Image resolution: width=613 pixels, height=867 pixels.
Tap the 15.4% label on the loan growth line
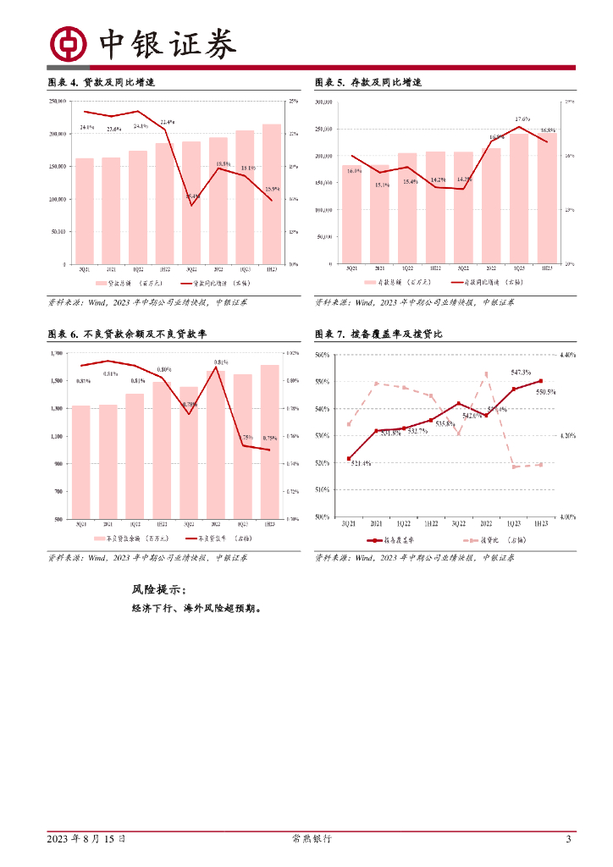coord(192,197)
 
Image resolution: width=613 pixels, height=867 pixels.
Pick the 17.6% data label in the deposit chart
coord(522,119)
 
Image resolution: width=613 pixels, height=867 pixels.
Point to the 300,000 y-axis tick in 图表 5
coord(324,102)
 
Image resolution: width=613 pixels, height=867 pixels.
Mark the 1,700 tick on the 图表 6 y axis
coord(58,354)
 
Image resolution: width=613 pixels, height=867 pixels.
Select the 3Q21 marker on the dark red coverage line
coord(348,459)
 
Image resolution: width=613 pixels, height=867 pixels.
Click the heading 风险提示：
coord(158,590)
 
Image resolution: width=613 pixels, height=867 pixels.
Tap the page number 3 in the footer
coord(569,839)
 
